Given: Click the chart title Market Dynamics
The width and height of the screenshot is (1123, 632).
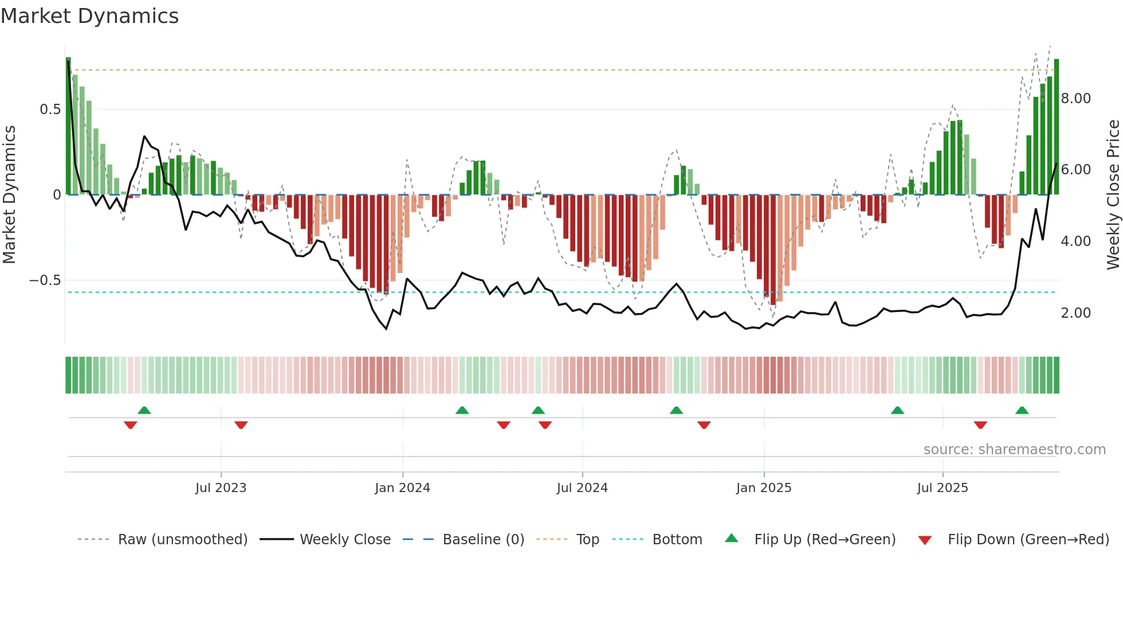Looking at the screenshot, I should pyautogui.click(x=89, y=16).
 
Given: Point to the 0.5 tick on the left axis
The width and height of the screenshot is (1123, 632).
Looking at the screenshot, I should pyautogui.click(x=50, y=110).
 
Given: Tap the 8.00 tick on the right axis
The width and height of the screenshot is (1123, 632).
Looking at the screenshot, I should pyautogui.click(x=1075, y=99).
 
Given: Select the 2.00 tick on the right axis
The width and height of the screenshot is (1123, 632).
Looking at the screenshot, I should pyautogui.click(x=1075, y=313).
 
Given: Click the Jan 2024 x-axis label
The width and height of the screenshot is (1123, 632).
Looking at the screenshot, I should pyautogui.click(x=402, y=488).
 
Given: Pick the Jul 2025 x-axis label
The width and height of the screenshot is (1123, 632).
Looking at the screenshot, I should pyautogui.click(x=942, y=488).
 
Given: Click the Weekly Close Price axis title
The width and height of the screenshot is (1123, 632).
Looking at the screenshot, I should pyautogui.click(x=1113, y=195).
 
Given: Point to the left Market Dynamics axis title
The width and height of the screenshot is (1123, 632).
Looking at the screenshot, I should pyautogui.click(x=9, y=195).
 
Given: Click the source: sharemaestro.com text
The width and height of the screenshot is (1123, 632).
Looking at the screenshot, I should pyautogui.click(x=1014, y=450).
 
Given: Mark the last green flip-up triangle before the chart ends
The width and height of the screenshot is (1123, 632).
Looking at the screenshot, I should pyautogui.click(x=1022, y=411).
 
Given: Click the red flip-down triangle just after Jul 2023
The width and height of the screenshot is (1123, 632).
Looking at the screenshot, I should pyautogui.click(x=241, y=424).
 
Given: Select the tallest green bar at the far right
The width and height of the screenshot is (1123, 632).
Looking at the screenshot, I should pyautogui.click(x=1057, y=126).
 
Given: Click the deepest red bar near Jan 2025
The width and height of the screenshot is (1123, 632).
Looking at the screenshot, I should pyautogui.click(x=773, y=249).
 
